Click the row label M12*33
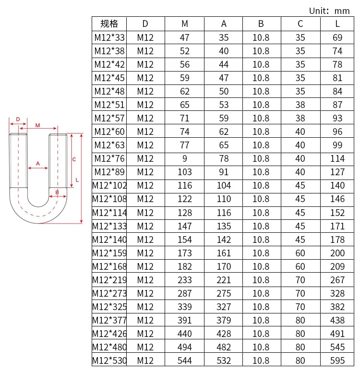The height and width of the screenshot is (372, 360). pyautogui.click(x=109, y=37)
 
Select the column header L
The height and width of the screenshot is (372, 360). pyautogui.click(x=337, y=24)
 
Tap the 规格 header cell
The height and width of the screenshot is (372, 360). pyautogui.click(x=109, y=24)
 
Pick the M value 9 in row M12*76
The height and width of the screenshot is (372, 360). pyautogui.click(x=185, y=158)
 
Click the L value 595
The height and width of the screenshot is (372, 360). pyautogui.click(x=337, y=360)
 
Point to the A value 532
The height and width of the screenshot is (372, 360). pyautogui.click(x=223, y=360)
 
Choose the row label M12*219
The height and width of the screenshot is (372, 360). pyautogui.click(x=109, y=280)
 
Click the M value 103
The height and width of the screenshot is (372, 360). pyautogui.click(x=185, y=172)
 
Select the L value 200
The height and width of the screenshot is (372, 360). pyautogui.click(x=337, y=253)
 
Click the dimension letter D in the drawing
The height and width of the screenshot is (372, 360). pyautogui.click(x=18, y=120)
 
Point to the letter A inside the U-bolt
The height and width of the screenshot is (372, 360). pyautogui.click(x=38, y=164)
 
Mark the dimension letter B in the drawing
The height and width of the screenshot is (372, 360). pyautogui.click(x=57, y=192)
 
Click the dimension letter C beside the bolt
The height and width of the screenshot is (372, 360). pyautogui.click(x=74, y=159)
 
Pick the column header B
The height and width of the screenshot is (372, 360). pyautogui.click(x=261, y=24)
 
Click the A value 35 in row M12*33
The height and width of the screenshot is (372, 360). pyautogui.click(x=223, y=37)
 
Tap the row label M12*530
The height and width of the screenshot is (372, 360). pyautogui.click(x=109, y=360)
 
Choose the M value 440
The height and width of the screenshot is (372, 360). pyautogui.click(x=185, y=334)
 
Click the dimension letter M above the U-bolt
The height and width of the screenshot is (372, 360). pyautogui.click(x=37, y=125)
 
